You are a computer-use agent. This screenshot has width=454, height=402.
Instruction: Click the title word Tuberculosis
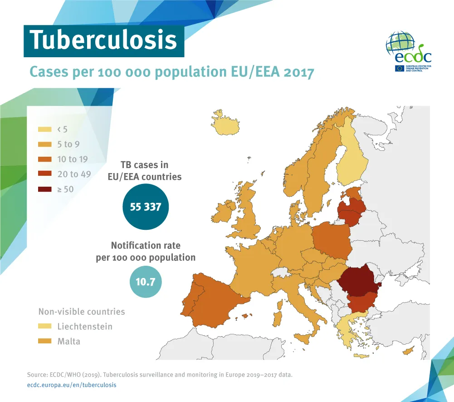coord(103,40)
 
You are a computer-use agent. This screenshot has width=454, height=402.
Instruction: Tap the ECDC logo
coord(408,52)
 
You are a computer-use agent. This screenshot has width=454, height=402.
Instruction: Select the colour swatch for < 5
coord(45,129)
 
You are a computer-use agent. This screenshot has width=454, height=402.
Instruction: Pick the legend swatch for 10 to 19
coord(45,159)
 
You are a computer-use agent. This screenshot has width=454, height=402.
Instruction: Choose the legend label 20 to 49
coord(74,174)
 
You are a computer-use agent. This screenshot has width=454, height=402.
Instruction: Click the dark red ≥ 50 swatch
coord(45,189)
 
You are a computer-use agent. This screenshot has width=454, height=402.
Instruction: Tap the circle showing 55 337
coord(145,207)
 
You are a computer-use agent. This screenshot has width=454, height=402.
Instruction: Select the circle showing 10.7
coord(145,282)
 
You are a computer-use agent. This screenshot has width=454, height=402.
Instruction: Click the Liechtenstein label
coord(85,326)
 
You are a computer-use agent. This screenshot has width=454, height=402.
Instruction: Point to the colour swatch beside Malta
coord(45,341)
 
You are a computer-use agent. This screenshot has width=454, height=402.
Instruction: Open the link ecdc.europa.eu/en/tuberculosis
coord(72,385)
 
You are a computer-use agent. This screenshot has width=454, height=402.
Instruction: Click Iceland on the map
coord(225,124)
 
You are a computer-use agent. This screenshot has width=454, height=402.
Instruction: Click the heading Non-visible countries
coord(82,312)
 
